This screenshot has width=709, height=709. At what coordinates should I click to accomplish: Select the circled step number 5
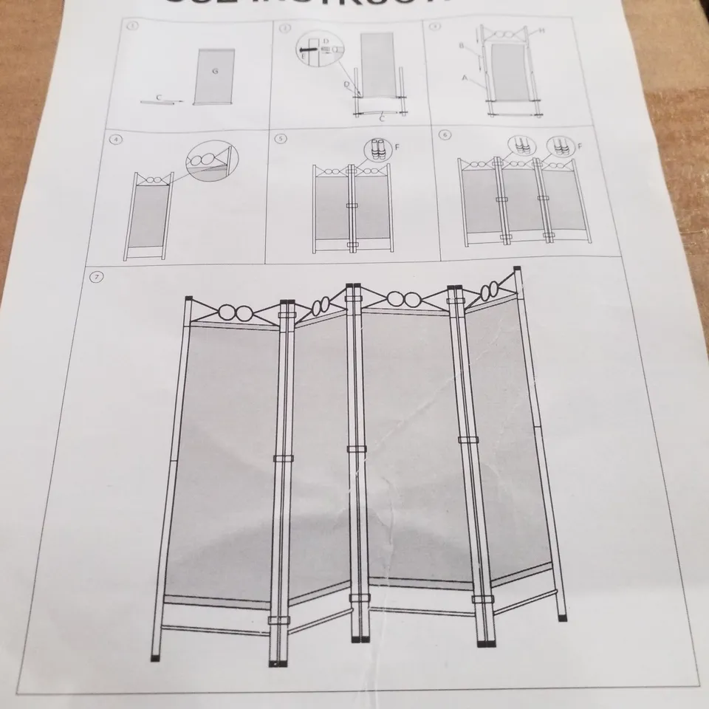(280, 137)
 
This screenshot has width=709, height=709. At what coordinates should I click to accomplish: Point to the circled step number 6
(444, 135)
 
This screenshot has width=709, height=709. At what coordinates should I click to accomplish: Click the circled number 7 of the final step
(95, 278)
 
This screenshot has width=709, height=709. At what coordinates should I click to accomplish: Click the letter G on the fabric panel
(214, 71)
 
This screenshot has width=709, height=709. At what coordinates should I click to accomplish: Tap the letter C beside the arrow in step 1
(160, 96)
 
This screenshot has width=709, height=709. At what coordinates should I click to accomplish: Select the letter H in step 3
(541, 30)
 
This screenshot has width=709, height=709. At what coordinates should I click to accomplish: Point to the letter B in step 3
(461, 46)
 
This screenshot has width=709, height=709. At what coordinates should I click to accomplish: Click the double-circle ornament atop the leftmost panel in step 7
(234, 310)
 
